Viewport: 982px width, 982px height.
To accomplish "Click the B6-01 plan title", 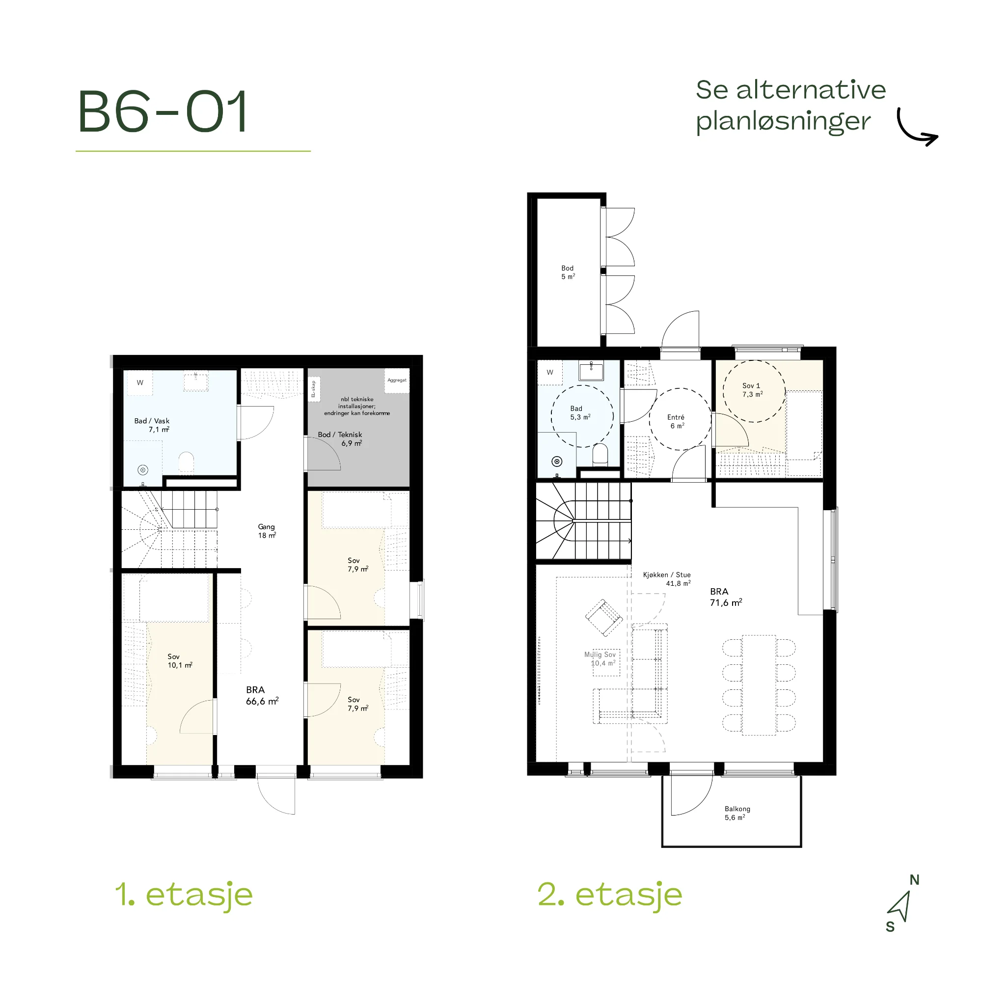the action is click(x=163, y=111).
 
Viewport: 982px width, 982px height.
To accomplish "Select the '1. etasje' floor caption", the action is click(x=184, y=895).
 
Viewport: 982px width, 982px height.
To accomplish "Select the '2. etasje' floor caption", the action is click(x=610, y=895).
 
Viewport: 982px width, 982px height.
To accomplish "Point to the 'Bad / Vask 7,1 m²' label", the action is click(x=152, y=425).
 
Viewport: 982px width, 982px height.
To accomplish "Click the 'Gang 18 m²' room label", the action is click(x=267, y=531).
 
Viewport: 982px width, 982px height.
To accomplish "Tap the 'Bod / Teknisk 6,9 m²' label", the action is click(x=340, y=438).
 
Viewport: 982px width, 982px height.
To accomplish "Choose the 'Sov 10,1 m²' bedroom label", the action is click(x=180, y=661).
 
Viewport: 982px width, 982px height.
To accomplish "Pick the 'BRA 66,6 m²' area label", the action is click(x=262, y=695).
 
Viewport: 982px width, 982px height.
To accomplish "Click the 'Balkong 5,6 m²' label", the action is click(x=737, y=813).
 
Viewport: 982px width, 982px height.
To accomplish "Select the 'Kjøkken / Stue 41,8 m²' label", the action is click(x=667, y=579).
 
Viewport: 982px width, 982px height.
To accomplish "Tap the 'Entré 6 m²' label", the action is click(x=676, y=421).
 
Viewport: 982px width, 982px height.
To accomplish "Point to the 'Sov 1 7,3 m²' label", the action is click(x=752, y=390).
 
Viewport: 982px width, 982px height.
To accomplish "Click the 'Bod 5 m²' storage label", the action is click(x=568, y=273).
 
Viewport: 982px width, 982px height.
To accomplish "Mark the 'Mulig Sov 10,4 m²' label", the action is click(x=600, y=659).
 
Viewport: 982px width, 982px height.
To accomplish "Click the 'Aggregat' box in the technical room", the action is click(x=397, y=381).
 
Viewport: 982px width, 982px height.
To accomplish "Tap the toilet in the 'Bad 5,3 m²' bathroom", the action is click(x=600, y=454).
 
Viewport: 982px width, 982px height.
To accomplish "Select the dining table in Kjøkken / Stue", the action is click(x=759, y=684).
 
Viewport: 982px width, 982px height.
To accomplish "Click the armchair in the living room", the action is click(x=604, y=618).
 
